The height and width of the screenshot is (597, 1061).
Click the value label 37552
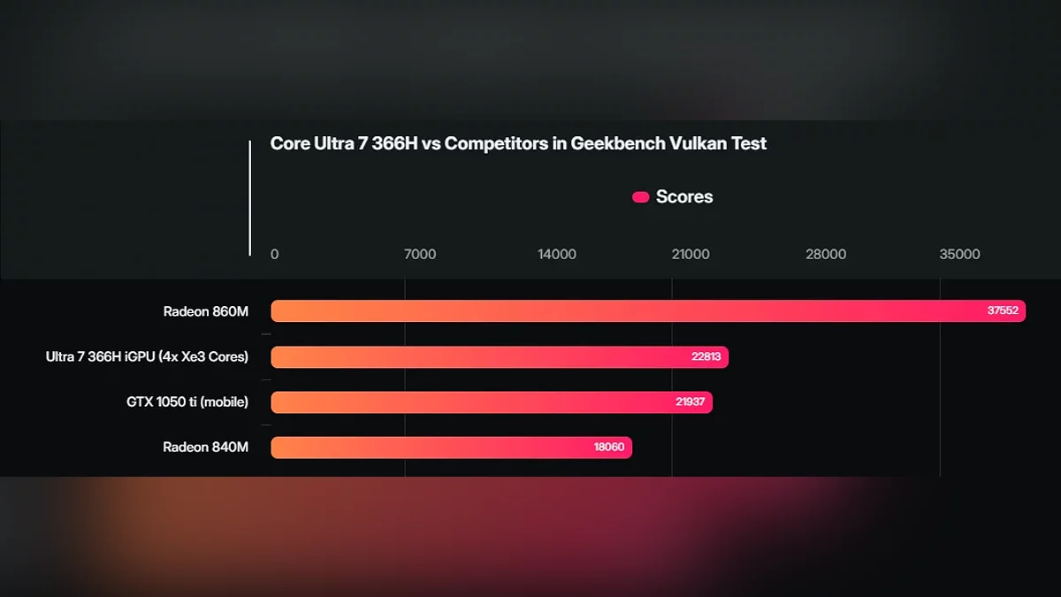1003,311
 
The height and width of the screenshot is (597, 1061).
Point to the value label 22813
706,357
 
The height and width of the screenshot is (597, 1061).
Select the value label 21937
690,402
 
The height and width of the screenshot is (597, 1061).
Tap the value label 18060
609,448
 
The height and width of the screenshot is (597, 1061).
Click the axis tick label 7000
420,255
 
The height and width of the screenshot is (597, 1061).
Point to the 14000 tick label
557,255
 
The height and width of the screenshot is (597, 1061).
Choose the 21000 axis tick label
691,255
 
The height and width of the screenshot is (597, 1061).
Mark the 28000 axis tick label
826,255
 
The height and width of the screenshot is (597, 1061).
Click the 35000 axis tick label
960,255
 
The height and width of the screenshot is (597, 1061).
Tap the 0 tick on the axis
274,255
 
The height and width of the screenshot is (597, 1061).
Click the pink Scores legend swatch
640,197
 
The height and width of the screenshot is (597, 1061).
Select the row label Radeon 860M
206,311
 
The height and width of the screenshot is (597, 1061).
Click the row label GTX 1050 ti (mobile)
187,402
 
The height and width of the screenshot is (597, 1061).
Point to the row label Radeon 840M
206,448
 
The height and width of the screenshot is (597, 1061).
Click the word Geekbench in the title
613,144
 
